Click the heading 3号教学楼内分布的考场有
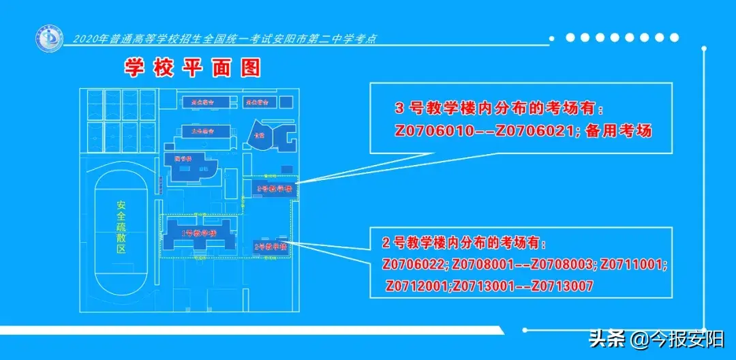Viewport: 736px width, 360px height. [x=500, y=109]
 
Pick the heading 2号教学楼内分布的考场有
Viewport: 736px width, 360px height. [x=465, y=243]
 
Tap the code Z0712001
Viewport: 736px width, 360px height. [x=417, y=286]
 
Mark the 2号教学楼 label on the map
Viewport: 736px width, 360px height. [x=270, y=246]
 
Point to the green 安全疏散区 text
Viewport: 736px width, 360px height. [x=121, y=226]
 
